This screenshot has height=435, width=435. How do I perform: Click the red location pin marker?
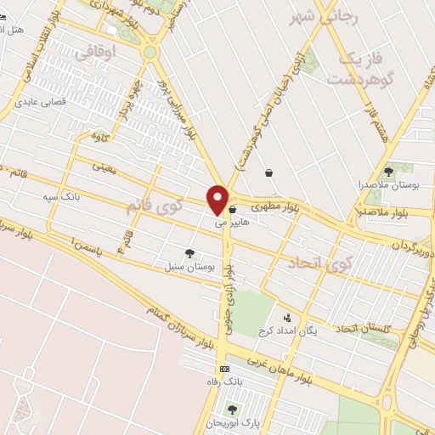click(217, 200)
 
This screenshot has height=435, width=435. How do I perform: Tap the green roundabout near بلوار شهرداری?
click(150, 53)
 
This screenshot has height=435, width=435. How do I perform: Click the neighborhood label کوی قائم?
click(155, 205)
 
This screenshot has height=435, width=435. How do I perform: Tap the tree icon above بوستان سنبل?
click(189, 253)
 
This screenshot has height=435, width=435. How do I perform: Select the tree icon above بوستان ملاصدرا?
click(389, 172)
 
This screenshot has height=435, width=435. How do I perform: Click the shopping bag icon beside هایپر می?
click(232, 208)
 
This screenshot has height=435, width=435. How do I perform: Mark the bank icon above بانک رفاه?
click(224, 369)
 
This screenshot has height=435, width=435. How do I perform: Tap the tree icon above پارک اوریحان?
click(232, 410)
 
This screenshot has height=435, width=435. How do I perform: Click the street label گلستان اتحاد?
click(362, 327)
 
